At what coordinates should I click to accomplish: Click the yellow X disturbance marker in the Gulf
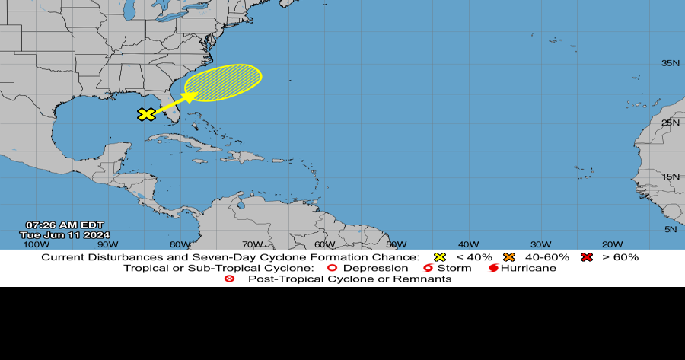point(146,114)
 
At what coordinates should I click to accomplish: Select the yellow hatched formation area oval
point(225,82)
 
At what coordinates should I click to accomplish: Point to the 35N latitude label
point(670,63)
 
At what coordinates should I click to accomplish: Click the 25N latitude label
point(670,123)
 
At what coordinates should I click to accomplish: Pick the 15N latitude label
point(670,177)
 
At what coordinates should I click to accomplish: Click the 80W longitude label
point(180,244)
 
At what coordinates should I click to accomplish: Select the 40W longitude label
point(468,244)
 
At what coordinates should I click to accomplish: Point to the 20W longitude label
point(613,244)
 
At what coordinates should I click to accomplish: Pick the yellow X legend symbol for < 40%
point(439,257)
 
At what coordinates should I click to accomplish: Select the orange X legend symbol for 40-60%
point(510,257)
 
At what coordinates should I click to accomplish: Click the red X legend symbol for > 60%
point(587,257)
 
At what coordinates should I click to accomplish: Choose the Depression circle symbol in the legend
point(331,268)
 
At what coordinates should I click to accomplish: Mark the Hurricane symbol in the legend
point(493,268)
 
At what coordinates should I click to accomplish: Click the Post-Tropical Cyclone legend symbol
point(228,279)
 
